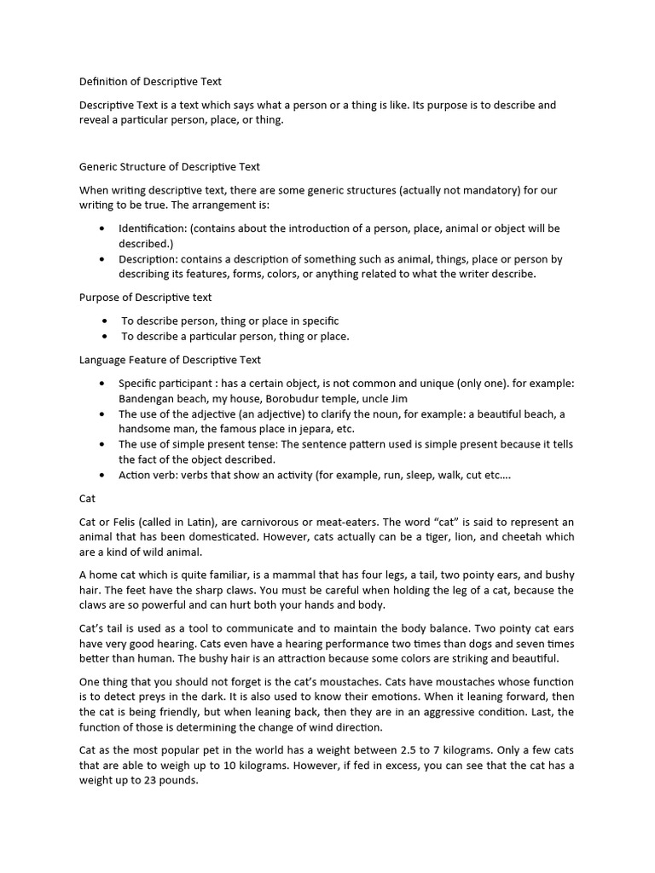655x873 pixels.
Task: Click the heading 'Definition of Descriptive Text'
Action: point(150,82)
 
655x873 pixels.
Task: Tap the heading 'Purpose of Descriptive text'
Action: point(146,298)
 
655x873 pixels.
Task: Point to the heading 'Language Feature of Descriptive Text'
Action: point(170,360)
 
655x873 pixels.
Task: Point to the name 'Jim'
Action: point(398,398)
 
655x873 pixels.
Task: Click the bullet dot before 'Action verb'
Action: point(102,476)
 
